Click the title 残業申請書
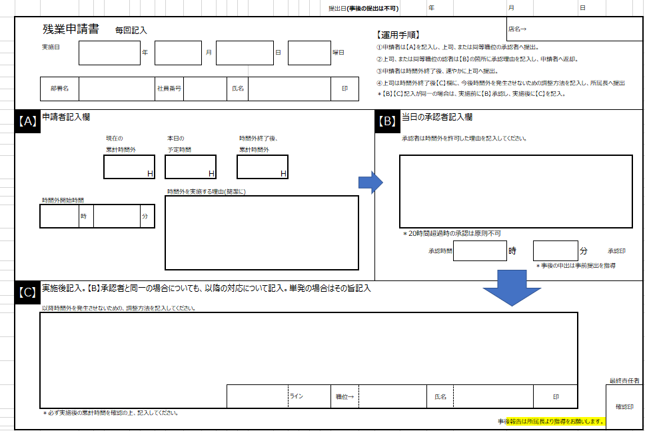point(71,29)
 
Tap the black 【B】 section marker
point(387,121)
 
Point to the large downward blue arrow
point(511,286)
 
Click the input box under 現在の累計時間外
point(129,167)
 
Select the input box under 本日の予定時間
point(191,167)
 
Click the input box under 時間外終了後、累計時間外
point(263,167)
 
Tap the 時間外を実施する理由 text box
point(261,232)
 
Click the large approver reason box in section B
point(516,192)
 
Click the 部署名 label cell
point(60,88)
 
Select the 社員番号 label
point(169,88)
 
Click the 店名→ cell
point(518,29)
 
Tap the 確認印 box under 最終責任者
point(624,406)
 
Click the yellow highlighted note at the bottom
point(555,422)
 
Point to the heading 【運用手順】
point(398,34)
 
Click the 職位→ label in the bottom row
point(344,397)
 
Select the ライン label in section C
point(297,397)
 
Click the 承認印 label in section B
point(616,251)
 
